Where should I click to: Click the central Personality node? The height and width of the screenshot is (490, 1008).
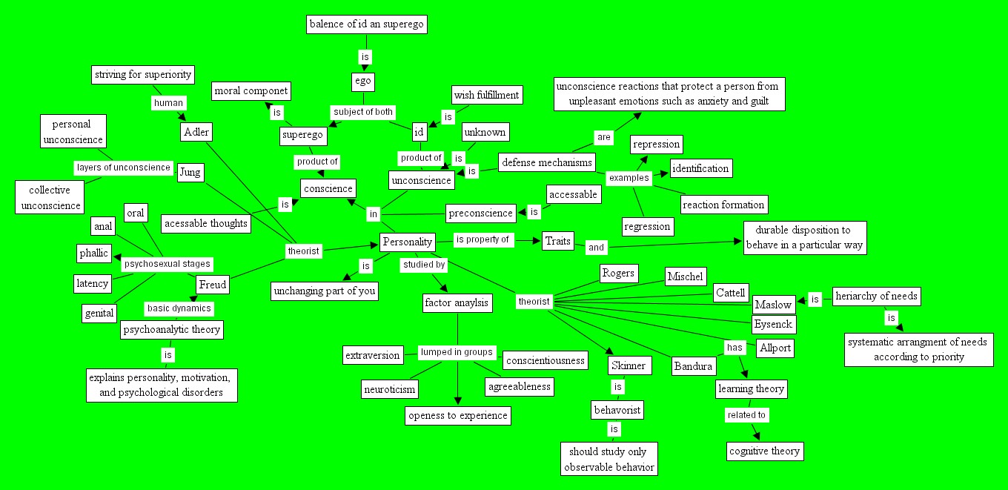point(406,242)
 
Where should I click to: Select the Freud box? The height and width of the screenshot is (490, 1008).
point(213,284)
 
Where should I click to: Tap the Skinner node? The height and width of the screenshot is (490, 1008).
point(629,365)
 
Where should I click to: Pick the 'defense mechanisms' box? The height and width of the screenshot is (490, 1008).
point(547,162)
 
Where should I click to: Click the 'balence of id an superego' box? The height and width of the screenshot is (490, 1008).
point(367,24)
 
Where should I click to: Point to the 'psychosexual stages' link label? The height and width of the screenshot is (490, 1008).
point(167,263)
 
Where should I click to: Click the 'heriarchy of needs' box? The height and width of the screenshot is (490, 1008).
point(877,297)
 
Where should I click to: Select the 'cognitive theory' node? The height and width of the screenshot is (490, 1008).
point(764,451)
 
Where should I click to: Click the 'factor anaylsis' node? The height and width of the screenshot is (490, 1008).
point(457,302)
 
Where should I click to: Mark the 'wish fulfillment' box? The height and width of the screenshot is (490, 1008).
point(486,95)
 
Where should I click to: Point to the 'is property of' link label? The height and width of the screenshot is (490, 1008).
point(483,239)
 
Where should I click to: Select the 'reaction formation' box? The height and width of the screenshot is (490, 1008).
point(723,204)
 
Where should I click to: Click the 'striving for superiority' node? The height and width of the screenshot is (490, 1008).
point(143,74)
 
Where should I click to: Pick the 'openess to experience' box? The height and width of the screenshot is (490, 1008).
point(458,415)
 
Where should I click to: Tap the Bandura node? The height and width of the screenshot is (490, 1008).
point(694,365)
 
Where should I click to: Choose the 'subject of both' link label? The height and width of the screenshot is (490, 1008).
point(362,112)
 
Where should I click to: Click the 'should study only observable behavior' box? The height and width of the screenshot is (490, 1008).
point(608,459)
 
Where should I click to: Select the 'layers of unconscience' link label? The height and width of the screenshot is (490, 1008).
point(123,167)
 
